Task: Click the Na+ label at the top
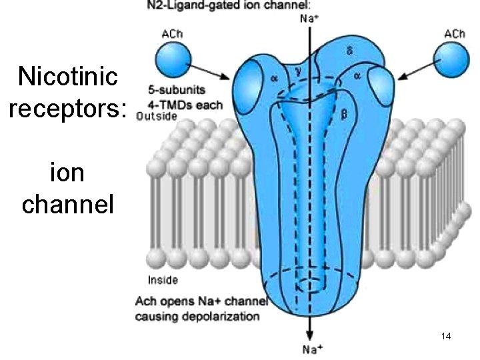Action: tap(309, 19)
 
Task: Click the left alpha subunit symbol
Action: tap(274, 77)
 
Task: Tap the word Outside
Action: tap(156, 116)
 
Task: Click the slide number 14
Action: tap(446, 337)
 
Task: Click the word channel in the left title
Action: tap(68, 204)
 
